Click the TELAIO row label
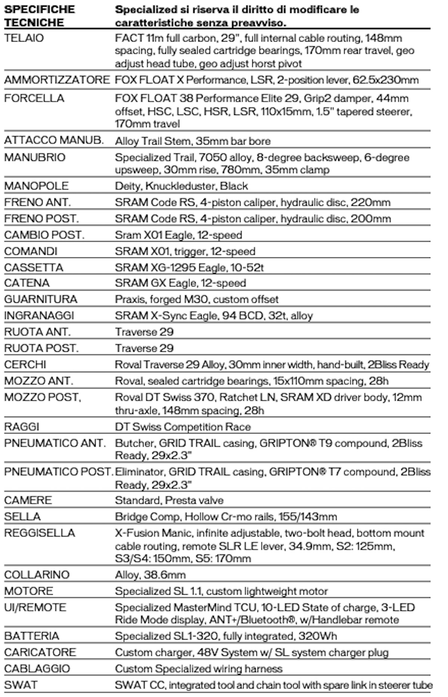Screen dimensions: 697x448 pos(24,38)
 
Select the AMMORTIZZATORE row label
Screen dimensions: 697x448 pos(57,80)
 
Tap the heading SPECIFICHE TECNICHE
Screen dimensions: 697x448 pos(40,16)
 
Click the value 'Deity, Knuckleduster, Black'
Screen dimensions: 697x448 pos(181,186)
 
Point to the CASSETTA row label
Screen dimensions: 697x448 pos(34,267)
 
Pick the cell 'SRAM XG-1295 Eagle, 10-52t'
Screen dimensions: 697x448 pos(189,267)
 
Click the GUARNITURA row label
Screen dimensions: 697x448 pos(41,299)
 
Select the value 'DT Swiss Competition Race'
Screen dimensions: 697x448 pos(183,427)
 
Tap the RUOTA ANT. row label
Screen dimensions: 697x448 pos(37,332)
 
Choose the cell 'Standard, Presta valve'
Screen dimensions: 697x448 pos(169,500)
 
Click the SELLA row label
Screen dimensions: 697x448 pos(22,516)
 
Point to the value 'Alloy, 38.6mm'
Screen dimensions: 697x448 pos(150,575)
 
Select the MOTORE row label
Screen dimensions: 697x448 pos(29,591)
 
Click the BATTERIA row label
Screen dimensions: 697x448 pos(32,636)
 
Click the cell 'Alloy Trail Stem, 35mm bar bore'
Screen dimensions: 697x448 pos(193,141)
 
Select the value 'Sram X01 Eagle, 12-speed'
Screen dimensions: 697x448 pos(178,235)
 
